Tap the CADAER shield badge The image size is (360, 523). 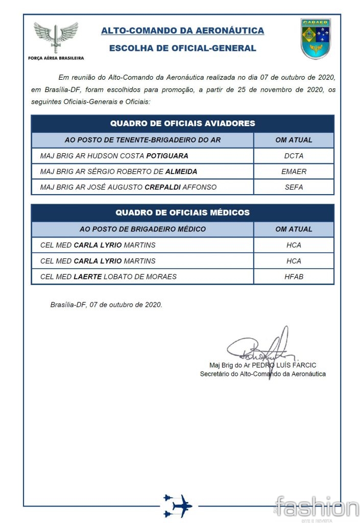click(316, 39)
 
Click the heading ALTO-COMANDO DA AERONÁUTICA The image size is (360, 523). click(182, 31)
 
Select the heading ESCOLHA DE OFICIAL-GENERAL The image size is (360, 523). click(182, 49)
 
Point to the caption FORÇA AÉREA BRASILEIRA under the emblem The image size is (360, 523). click(56, 58)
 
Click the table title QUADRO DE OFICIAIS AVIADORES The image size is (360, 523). click(182, 124)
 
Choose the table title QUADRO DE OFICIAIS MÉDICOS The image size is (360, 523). click(182, 212)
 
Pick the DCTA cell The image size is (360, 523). click(294, 156)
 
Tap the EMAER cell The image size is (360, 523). click(294, 172)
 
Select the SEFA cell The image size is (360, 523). click(294, 187)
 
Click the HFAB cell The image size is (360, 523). click(294, 276)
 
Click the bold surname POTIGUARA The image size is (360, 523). click(167, 156)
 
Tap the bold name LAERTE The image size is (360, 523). click(91, 276)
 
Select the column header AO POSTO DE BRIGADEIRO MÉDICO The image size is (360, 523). click(142, 229)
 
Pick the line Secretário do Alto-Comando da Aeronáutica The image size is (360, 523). click(262, 374)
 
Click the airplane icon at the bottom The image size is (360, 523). click(177, 506)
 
